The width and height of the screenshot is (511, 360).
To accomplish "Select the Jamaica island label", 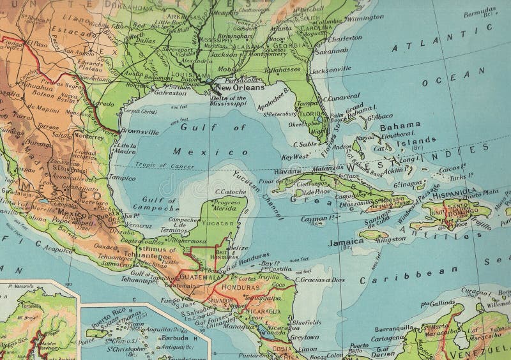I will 346,243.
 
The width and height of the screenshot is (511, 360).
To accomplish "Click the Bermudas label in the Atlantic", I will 479,11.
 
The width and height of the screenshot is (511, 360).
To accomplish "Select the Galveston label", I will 169,93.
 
